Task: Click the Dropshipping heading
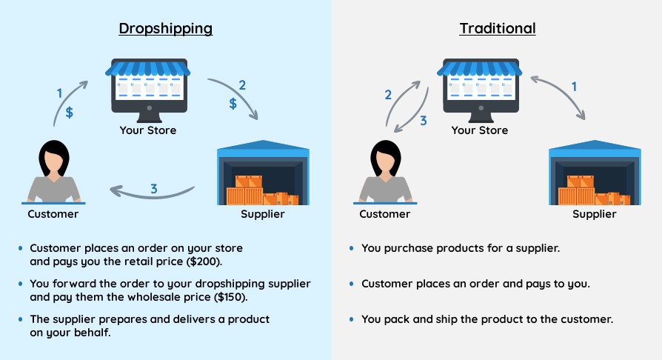click(x=165, y=29)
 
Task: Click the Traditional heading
click(x=497, y=29)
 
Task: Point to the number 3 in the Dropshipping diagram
click(x=153, y=189)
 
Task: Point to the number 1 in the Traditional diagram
click(x=573, y=87)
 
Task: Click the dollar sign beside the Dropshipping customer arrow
click(x=70, y=113)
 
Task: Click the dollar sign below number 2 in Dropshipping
click(x=233, y=104)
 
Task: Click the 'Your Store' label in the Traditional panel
click(x=479, y=130)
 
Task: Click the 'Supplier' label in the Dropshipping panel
click(x=263, y=215)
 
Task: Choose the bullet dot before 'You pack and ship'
click(x=352, y=320)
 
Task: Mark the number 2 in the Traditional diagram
click(x=387, y=95)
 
